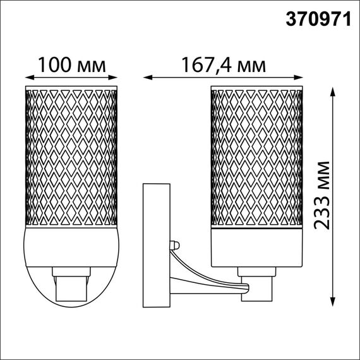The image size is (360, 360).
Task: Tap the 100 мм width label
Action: [71, 65]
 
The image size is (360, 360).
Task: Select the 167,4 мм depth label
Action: [223, 65]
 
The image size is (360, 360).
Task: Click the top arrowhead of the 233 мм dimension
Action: [333, 90]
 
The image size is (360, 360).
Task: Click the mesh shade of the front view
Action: [71, 155]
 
